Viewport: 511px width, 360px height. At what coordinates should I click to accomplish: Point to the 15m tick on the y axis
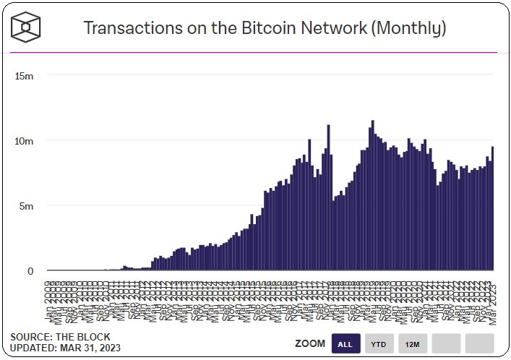click(25, 75)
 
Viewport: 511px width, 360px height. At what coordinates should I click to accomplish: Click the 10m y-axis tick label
click(25, 141)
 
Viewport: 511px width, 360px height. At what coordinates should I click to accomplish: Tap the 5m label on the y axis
click(27, 206)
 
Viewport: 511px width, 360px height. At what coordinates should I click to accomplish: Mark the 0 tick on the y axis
click(30, 271)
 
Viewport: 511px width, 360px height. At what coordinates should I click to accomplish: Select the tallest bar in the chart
click(372, 195)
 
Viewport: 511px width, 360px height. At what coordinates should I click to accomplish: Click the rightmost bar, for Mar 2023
click(493, 210)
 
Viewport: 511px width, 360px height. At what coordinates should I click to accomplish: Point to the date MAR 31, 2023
click(92, 348)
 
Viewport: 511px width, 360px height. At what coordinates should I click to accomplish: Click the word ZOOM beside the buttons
click(310, 343)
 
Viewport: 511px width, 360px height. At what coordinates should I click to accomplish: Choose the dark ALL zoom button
click(345, 343)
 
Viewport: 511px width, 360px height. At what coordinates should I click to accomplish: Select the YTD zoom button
click(379, 343)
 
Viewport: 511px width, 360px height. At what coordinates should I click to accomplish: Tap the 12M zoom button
click(412, 343)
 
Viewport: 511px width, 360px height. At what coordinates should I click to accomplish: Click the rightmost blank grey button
click(479, 343)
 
